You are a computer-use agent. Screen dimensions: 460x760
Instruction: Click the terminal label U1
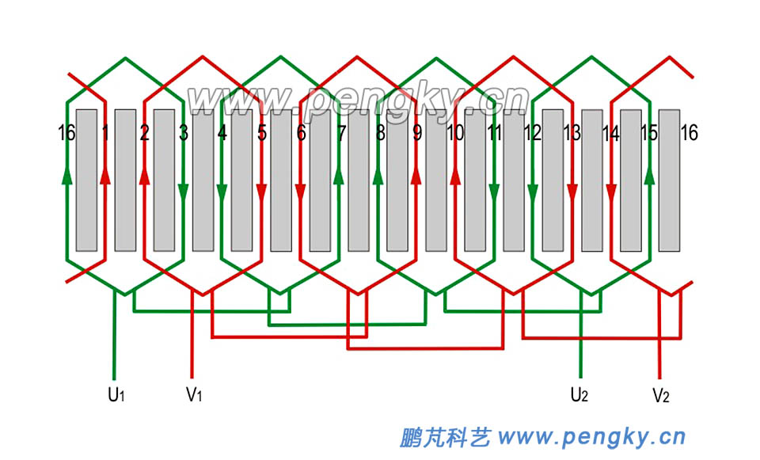[x=116, y=393]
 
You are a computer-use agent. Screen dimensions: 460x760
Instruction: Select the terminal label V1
[x=194, y=393]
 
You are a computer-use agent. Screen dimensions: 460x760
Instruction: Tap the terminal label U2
[x=579, y=393]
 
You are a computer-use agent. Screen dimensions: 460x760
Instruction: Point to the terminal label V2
[x=660, y=393]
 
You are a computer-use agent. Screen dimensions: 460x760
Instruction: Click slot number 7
[x=340, y=133]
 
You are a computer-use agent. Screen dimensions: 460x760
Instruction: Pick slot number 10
[x=455, y=133]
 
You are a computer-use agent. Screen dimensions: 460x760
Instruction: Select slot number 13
[x=572, y=133]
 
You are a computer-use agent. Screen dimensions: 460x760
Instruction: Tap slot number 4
[x=222, y=133]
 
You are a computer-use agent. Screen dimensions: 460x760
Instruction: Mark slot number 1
[x=105, y=133]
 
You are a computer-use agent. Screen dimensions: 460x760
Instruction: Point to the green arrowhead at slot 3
[x=184, y=192]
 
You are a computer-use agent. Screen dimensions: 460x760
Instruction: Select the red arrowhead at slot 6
[x=301, y=192]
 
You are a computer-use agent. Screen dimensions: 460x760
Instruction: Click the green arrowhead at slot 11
[x=494, y=192]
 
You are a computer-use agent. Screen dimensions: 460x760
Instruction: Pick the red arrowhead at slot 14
[x=611, y=192]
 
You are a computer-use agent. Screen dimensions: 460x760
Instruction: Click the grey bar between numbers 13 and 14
[x=592, y=181]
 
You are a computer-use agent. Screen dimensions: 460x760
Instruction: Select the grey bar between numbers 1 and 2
[x=126, y=181]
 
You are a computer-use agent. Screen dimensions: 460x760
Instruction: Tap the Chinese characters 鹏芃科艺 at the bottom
[x=445, y=436]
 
